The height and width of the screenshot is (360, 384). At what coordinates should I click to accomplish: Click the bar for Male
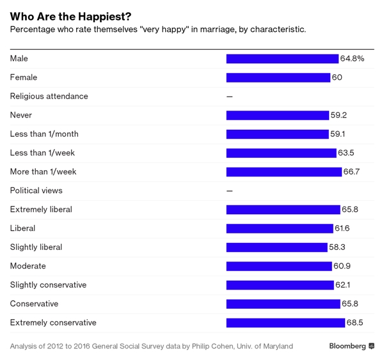pyautogui.click(x=282, y=59)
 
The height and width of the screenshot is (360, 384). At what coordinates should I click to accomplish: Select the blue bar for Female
pyautogui.click(x=278, y=77)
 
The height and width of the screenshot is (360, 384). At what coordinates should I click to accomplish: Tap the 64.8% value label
pyautogui.click(x=353, y=59)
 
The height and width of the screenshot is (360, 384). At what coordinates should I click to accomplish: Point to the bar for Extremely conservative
pyautogui.click(x=285, y=323)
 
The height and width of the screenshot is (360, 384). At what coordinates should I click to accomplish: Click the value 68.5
pyautogui.click(x=355, y=323)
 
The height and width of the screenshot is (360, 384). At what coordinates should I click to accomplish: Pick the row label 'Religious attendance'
pyautogui.click(x=49, y=97)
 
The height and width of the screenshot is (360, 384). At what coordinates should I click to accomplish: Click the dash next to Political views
pyautogui.click(x=230, y=191)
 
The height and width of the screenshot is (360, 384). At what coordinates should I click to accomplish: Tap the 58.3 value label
pyautogui.click(x=338, y=247)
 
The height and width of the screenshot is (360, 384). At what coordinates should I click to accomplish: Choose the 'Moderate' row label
pyautogui.click(x=28, y=266)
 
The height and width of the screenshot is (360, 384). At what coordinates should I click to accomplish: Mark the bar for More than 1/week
pyautogui.click(x=284, y=172)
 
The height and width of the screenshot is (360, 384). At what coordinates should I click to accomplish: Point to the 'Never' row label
pyautogui.click(x=21, y=115)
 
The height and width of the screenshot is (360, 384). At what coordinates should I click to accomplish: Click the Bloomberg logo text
pyautogui.click(x=348, y=346)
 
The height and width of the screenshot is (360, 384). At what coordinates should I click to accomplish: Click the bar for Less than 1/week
pyautogui.click(x=281, y=153)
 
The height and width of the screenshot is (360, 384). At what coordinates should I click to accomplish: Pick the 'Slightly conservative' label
pyautogui.click(x=48, y=285)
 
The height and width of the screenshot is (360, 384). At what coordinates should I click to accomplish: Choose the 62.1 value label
pyautogui.click(x=344, y=285)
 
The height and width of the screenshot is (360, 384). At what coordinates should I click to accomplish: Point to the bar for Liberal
pyautogui.click(x=280, y=228)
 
